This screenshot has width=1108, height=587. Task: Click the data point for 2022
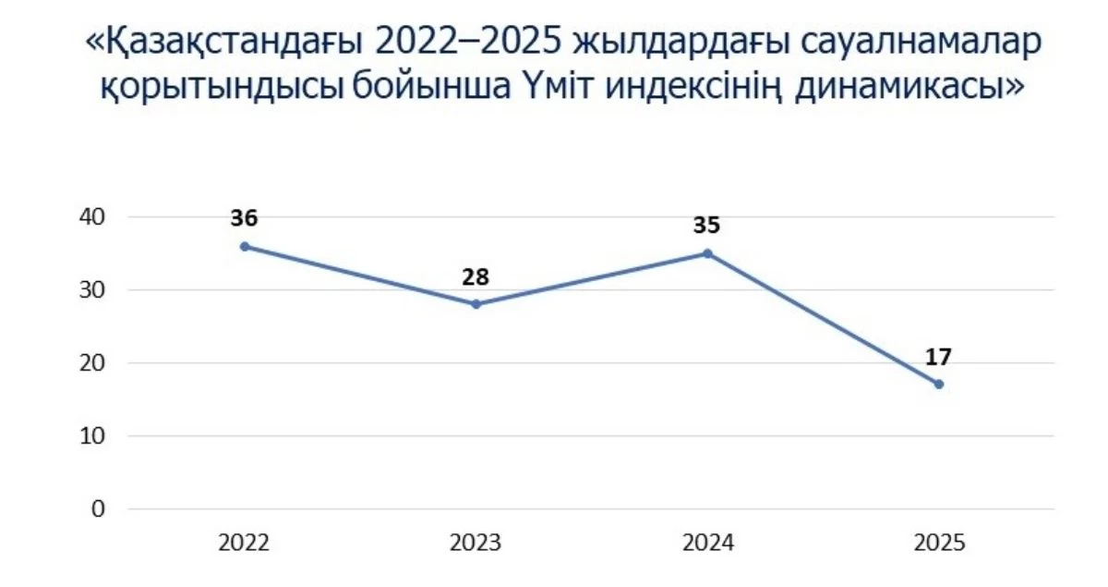(244, 246)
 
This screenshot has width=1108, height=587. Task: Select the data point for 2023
(476, 304)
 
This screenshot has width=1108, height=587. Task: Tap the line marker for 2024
(707, 253)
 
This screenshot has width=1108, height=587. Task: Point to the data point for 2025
(939, 385)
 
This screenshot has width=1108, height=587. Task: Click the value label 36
(244, 219)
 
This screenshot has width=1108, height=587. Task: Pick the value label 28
(476, 276)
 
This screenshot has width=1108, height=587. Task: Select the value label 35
(707, 226)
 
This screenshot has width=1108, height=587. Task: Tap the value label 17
(939, 357)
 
